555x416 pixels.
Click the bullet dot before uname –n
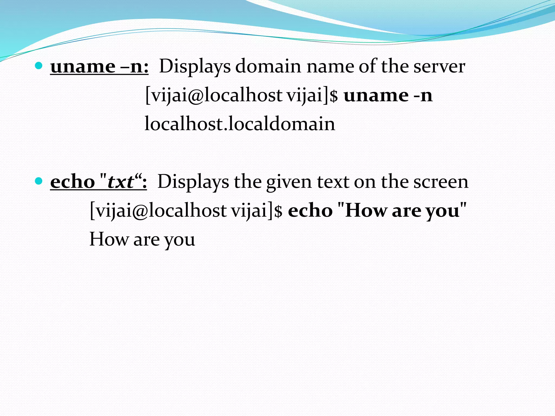39,66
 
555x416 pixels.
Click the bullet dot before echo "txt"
39,181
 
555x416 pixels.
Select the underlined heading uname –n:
99,67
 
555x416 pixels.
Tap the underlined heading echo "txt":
98,182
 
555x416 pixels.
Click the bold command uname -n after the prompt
388,95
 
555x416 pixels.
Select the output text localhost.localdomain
240,124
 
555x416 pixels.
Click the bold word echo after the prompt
310,211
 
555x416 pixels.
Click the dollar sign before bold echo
278,211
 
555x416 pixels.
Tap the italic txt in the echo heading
121,182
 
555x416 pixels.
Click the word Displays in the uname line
195,67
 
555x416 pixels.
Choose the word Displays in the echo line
193,182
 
